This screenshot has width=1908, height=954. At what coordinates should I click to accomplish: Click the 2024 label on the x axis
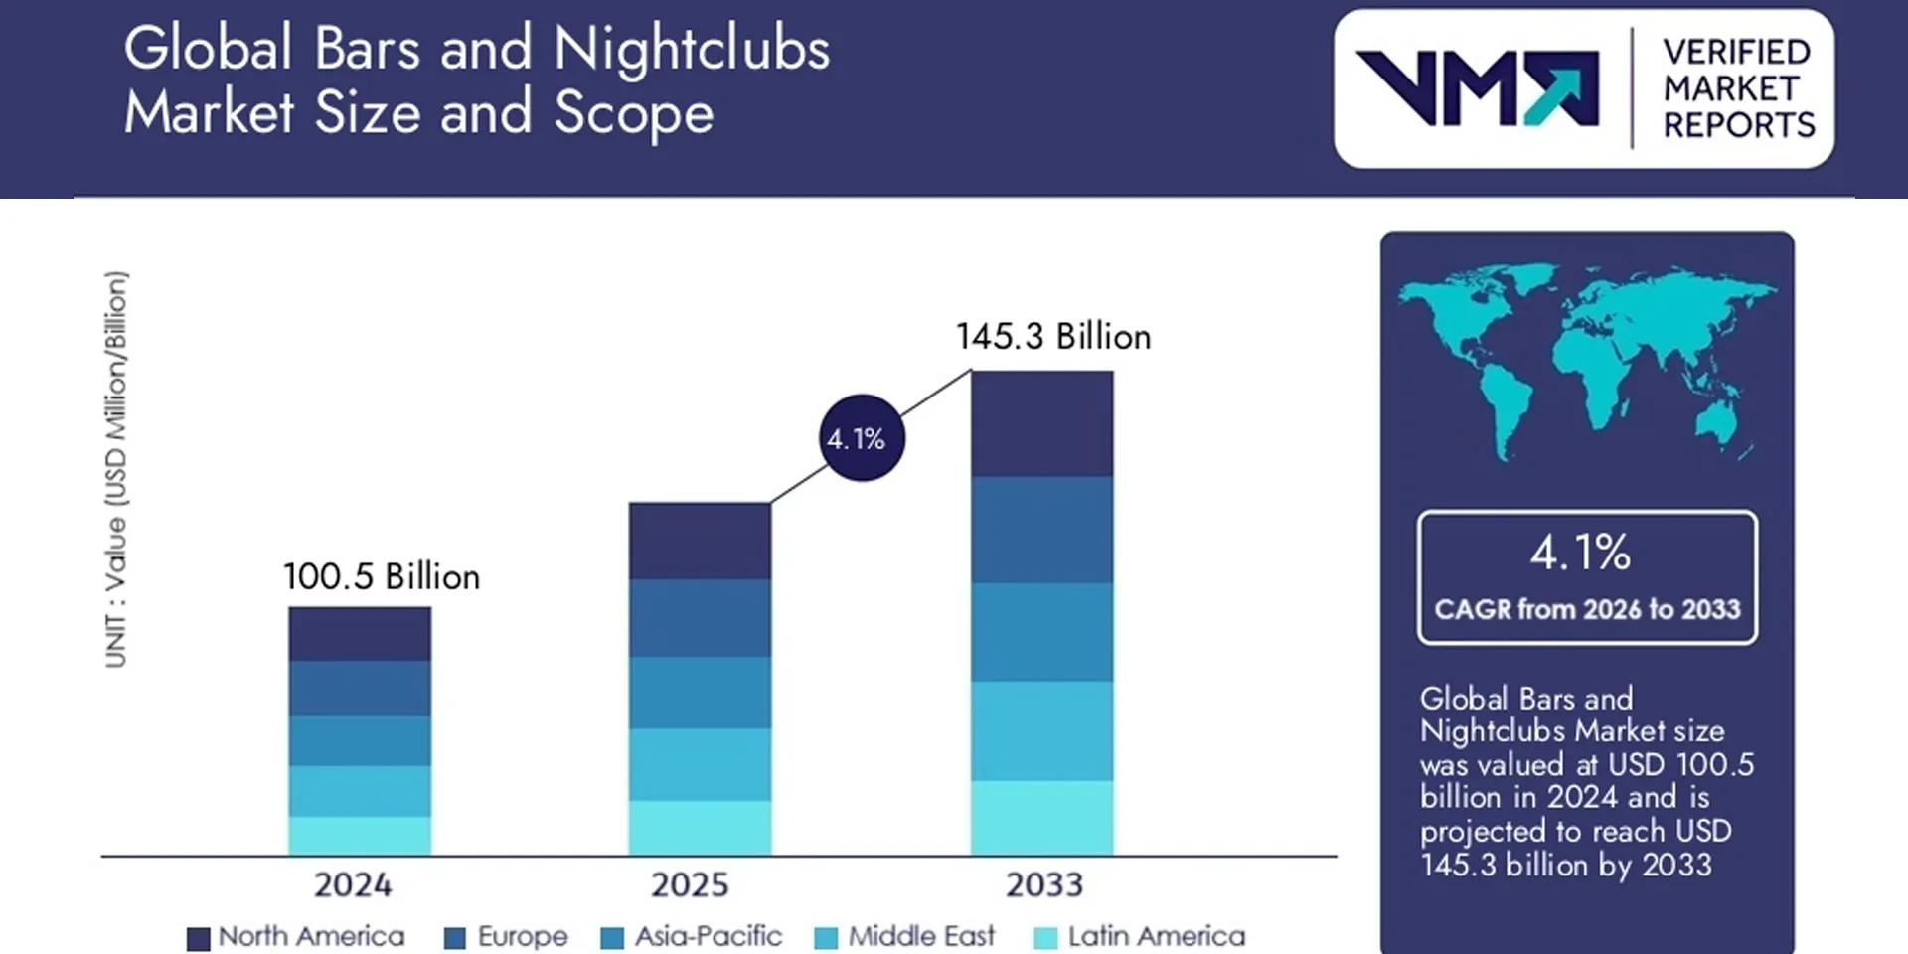click(353, 884)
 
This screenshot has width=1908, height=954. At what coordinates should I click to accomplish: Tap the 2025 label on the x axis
click(690, 884)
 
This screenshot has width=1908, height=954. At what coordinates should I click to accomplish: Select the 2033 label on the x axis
click(1043, 884)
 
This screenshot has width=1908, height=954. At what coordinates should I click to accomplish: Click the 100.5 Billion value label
click(382, 576)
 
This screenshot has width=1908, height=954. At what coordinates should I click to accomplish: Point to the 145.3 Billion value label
click(1053, 336)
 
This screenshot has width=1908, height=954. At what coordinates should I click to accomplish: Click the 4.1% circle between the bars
click(861, 438)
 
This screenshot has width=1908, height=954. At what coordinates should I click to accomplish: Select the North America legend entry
click(296, 936)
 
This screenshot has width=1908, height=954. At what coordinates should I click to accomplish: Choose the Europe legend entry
click(506, 936)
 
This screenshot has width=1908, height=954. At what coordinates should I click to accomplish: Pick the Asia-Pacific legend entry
click(692, 936)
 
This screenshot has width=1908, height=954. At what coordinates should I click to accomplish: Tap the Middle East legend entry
click(904, 936)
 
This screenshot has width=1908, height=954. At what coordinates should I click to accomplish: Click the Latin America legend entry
click(1140, 936)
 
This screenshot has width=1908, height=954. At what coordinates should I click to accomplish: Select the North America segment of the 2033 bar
click(1041, 423)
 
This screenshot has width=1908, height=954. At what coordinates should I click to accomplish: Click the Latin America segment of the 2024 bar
click(360, 836)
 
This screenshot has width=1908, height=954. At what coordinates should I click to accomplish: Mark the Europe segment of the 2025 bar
click(700, 617)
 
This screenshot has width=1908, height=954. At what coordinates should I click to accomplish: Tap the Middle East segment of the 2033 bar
click(1041, 730)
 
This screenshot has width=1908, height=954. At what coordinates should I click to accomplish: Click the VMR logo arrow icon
click(1561, 89)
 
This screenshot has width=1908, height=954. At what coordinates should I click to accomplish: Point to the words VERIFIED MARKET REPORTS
click(1738, 88)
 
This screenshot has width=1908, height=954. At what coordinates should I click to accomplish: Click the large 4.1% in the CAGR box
click(1580, 553)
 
